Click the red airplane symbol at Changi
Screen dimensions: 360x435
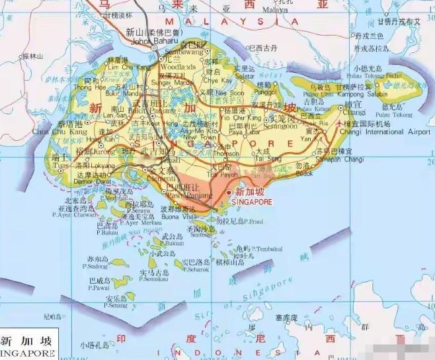[x=340, y=123]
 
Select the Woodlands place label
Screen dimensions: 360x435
[x=175, y=66]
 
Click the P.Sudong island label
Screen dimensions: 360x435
[x=95, y=267]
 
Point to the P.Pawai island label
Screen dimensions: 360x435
[x=96, y=287]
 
